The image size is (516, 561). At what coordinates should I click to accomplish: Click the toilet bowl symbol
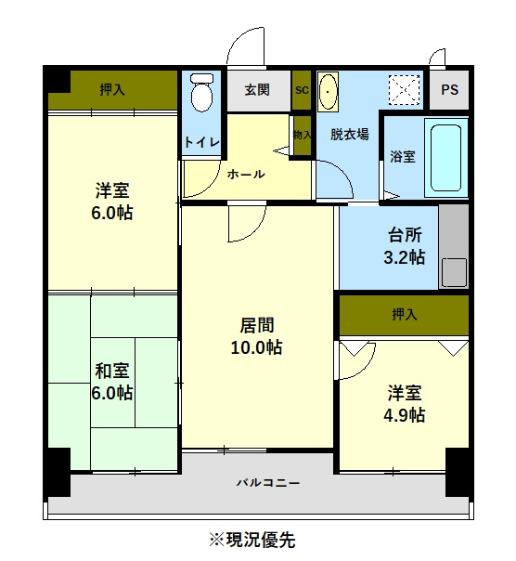[201, 92]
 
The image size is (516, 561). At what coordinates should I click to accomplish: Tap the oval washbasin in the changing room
[328, 92]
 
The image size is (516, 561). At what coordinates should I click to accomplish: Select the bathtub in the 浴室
[445, 158]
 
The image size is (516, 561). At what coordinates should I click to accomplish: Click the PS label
[449, 89]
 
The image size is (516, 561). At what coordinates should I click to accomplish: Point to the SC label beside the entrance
[302, 90]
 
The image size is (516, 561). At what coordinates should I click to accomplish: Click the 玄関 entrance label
[257, 89]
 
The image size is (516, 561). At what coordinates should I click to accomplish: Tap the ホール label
[246, 175]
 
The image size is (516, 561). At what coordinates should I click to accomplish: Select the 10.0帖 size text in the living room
[256, 347]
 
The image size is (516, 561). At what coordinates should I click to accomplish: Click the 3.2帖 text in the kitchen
[405, 257]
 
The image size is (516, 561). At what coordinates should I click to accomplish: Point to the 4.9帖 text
[405, 415]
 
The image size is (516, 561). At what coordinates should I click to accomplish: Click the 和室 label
[112, 371]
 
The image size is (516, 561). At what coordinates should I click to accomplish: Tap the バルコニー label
[268, 483]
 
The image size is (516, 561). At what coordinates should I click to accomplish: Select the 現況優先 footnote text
[260, 540]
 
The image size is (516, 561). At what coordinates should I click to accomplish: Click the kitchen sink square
[454, 272]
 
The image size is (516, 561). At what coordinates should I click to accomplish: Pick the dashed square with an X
[404, 90]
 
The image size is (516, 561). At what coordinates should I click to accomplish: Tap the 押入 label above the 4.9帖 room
[404, 315]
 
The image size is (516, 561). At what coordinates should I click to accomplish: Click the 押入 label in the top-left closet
[112, 89]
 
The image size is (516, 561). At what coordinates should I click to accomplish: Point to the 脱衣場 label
[349, 134]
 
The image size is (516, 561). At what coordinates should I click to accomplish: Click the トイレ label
[201, 142]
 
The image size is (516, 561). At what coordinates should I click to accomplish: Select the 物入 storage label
[302, 135]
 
